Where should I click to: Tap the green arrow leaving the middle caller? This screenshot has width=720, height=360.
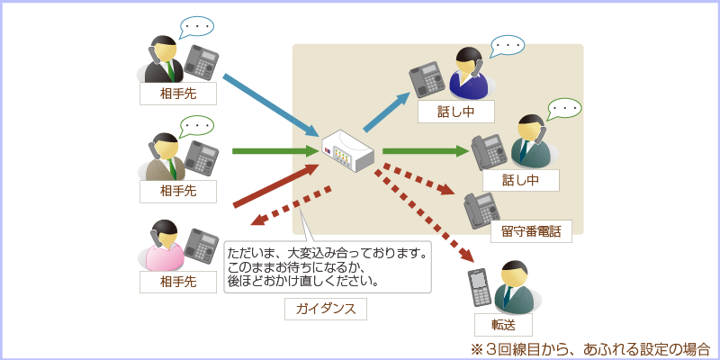click(274, 150)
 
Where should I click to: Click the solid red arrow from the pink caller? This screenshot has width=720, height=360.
click(274, 185)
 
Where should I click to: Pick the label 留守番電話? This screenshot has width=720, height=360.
click(530, 231)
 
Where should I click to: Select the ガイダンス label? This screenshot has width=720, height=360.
click(326, 309)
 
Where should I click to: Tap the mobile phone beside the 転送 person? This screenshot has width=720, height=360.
click(479, 287)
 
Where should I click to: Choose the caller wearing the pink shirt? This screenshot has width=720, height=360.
click(162, 247)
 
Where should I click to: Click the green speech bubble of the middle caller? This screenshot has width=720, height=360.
click(196, 125)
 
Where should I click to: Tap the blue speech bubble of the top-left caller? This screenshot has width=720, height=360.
click(197, 28)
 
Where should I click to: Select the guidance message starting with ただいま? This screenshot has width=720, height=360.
click(327, 266)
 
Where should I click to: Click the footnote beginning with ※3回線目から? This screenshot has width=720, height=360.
click(589, 347)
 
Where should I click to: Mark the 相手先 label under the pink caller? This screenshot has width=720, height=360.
click(177, 282)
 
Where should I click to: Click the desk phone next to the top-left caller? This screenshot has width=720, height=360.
click(202, 63)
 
